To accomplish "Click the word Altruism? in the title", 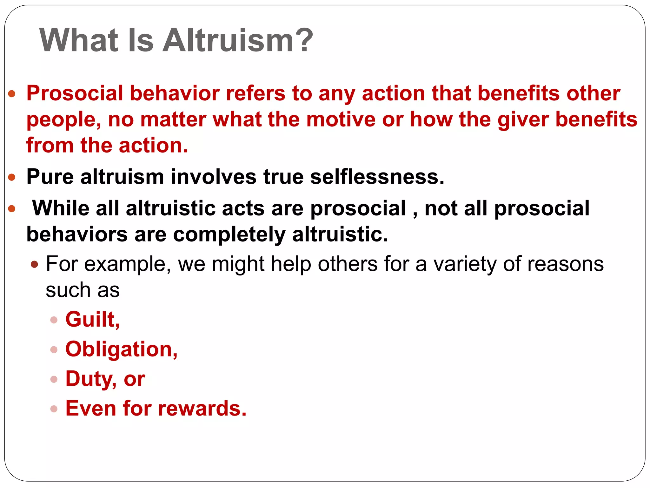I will (x=238, y=40).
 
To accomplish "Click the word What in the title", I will (x=79, y=40).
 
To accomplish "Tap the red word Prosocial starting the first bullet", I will (x=75, y=93).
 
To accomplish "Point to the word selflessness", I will (x=377, y=177).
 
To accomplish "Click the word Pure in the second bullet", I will (x=50, y=177).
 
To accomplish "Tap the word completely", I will (x=229, y=235).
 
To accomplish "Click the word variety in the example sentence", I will (x=465, y=264).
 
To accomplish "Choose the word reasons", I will (x=565, y=264).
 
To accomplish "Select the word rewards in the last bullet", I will (x=202, y=408).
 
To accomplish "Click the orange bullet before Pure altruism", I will (x=12, y=177).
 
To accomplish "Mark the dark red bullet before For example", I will (x=35, y=264).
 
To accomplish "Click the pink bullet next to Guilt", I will (x=54, y=320).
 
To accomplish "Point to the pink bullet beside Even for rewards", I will (x=54, y=409).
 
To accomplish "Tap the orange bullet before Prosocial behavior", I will (x=12, y=94).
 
